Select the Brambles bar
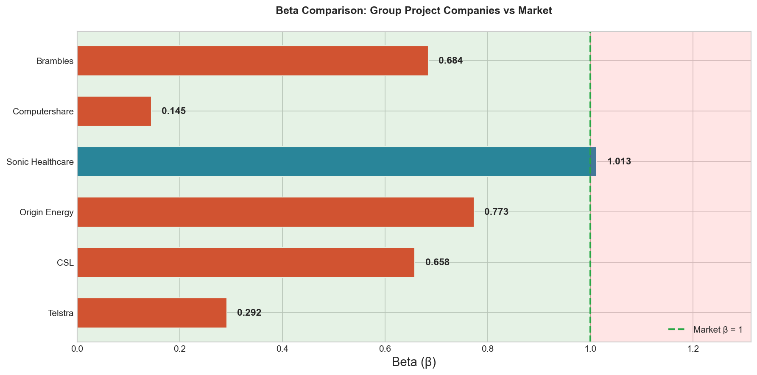252,61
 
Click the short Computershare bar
114,111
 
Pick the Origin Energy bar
275,212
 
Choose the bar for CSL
246,262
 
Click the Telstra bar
152,313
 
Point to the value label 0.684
450,61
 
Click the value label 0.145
173,111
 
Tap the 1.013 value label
619,161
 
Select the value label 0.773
496,212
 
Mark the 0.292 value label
249,313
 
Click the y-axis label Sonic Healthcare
40,162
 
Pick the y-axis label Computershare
43,111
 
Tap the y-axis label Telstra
61,313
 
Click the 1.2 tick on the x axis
693,349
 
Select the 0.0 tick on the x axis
77,349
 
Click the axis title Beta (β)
414,362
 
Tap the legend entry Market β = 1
718,330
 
